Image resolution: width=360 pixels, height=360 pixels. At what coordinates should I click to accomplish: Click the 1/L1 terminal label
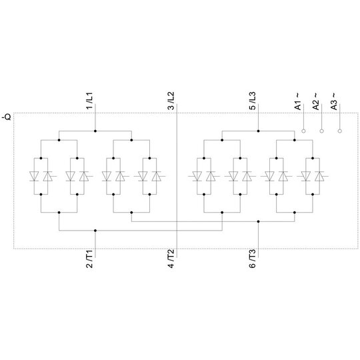89,101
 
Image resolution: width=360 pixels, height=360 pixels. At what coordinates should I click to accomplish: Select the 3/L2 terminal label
171,101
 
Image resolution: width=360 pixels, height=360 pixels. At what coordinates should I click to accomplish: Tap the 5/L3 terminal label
252,101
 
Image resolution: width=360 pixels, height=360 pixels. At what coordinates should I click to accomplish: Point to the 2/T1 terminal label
89,259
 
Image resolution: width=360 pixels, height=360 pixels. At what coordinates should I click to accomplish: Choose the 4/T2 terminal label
171,259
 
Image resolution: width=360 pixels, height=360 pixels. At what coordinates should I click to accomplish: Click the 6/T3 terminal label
252,259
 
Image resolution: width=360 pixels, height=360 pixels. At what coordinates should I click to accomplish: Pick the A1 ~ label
298,101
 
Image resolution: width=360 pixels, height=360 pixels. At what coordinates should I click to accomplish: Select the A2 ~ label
316,101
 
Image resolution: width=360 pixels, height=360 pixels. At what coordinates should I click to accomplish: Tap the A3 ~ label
335,101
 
